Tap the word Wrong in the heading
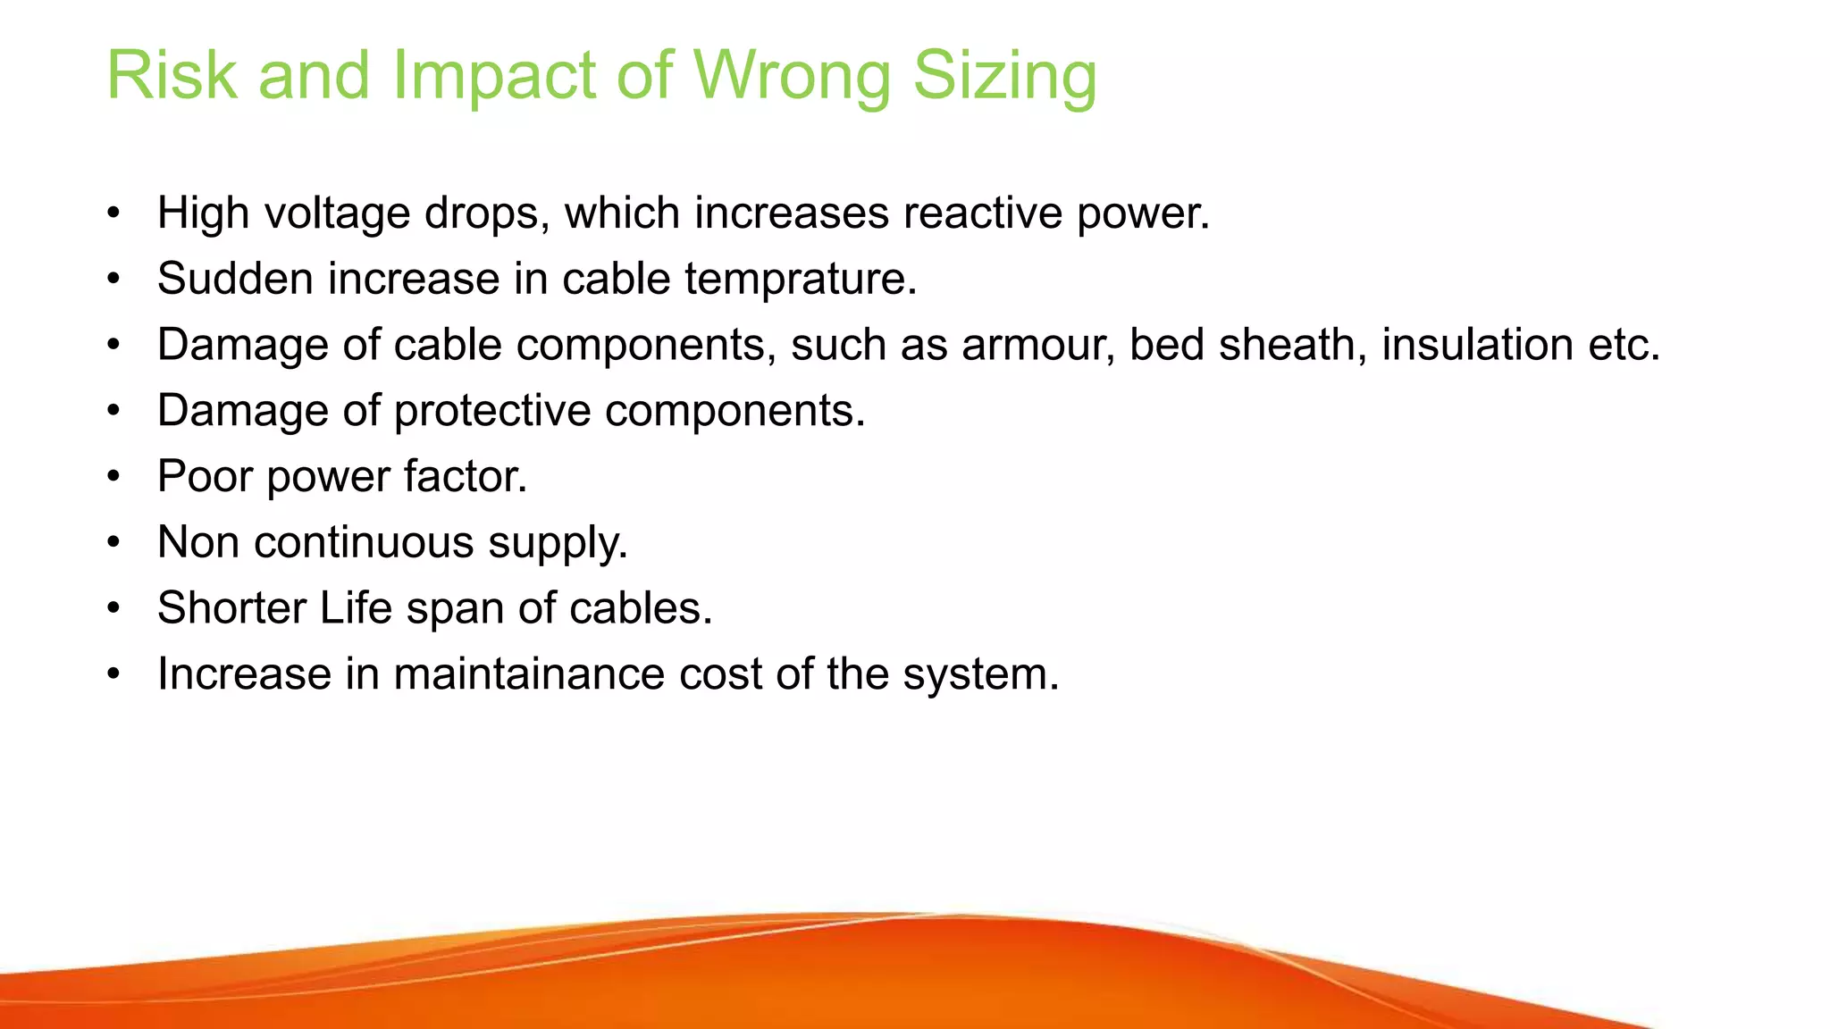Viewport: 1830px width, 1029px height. click(x=792, y=75)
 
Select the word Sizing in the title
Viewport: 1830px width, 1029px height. click(x=1004, y=75)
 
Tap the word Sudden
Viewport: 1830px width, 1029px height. click(x=235, y=279)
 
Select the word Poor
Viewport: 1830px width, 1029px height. click(x=205, y=476)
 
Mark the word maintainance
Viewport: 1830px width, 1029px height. click(x=529, y=674)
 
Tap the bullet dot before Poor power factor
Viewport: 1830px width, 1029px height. click(x=113, y=477)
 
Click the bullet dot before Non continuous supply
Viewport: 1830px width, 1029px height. click(x=113, y=543)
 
